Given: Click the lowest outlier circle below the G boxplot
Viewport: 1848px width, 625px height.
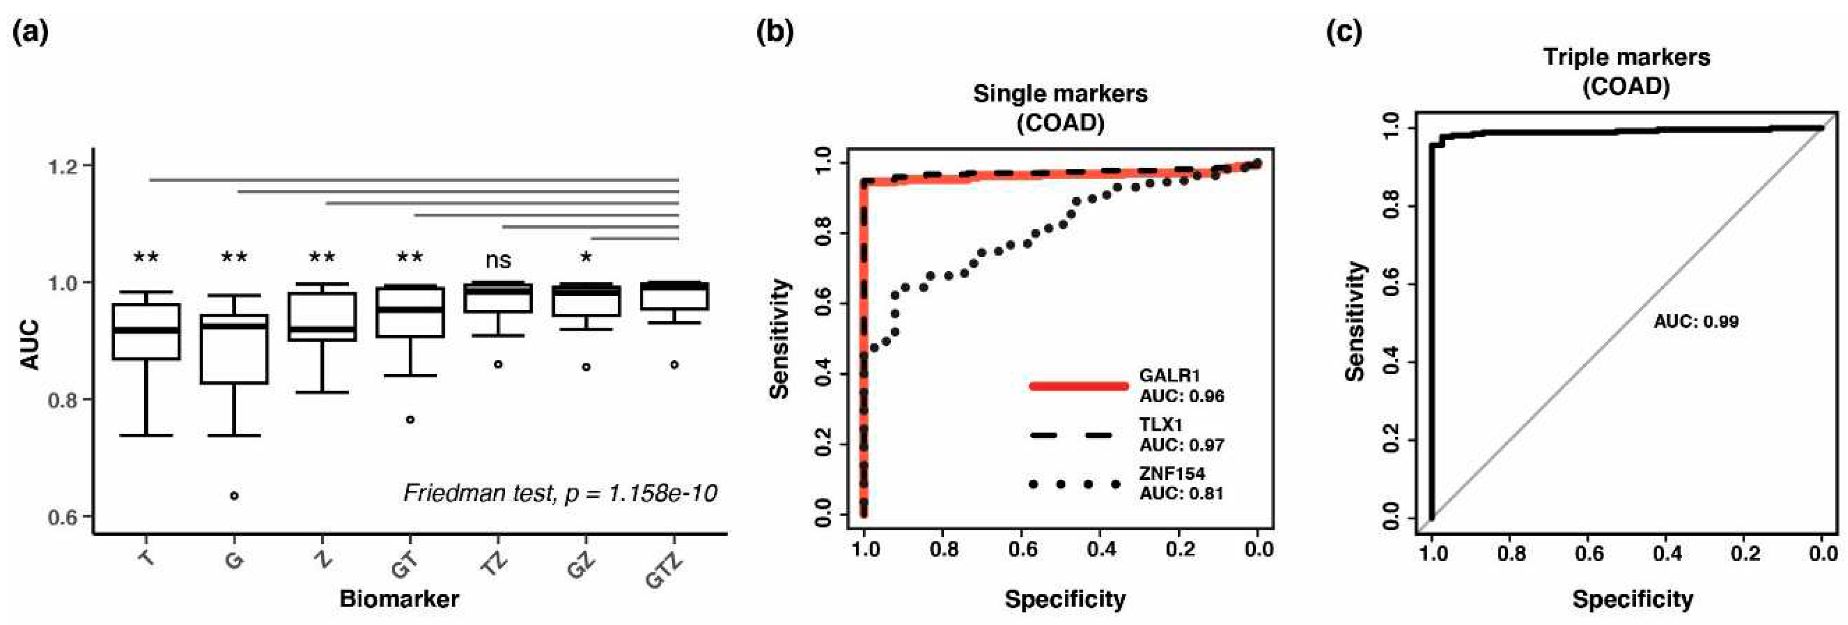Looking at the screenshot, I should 234,495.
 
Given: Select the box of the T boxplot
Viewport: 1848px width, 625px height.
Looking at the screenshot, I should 146,331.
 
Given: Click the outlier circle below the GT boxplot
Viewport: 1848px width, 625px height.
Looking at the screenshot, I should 410,419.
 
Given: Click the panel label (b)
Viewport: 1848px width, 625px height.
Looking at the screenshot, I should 775,32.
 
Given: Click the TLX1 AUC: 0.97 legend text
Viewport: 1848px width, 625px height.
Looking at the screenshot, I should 1181,435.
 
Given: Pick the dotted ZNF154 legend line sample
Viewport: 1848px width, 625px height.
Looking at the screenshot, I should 1074,484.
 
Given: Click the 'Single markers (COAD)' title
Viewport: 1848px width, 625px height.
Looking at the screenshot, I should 1060,108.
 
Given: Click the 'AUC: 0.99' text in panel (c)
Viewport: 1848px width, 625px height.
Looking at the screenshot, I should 1696,321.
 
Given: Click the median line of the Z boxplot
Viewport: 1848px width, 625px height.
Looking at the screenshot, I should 322,329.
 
